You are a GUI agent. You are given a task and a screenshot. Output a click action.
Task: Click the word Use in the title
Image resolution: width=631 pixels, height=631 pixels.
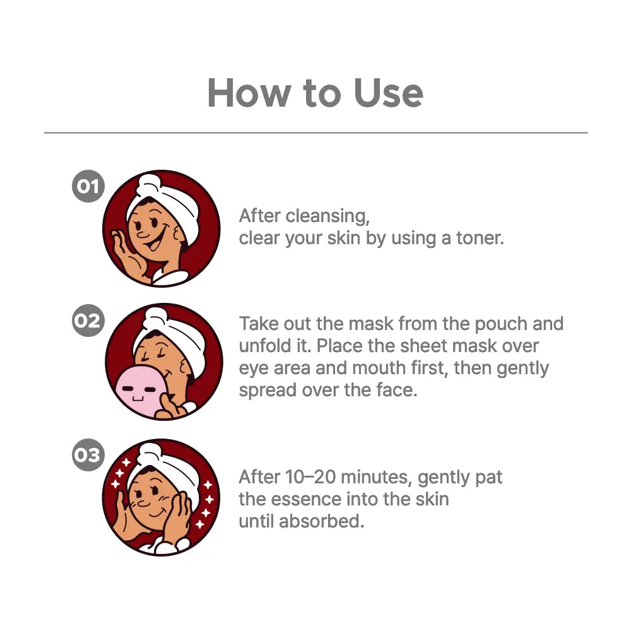click(x=388, y=93)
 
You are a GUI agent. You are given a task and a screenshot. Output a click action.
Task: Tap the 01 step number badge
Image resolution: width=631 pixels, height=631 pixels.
click(x=88, y=186)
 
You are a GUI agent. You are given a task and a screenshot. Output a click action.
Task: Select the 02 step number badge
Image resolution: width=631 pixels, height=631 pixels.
click(x=88, y=321)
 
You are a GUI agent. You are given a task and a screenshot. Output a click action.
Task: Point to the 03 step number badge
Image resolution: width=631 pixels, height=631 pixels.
click(x=88, y=455)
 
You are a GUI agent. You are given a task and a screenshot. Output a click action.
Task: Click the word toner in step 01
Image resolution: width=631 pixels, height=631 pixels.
click(x=480, y=238)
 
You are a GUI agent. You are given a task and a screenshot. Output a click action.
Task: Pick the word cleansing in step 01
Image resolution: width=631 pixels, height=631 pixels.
click(x=327, y=216)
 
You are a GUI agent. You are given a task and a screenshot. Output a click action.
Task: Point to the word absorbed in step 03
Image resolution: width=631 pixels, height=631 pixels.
click(x=322, y=521)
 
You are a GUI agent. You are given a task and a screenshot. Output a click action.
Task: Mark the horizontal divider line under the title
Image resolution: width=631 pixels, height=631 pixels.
click(x=315, y=133)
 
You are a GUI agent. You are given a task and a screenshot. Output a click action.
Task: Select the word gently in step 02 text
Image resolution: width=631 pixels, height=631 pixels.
click(x=522, y=369)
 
